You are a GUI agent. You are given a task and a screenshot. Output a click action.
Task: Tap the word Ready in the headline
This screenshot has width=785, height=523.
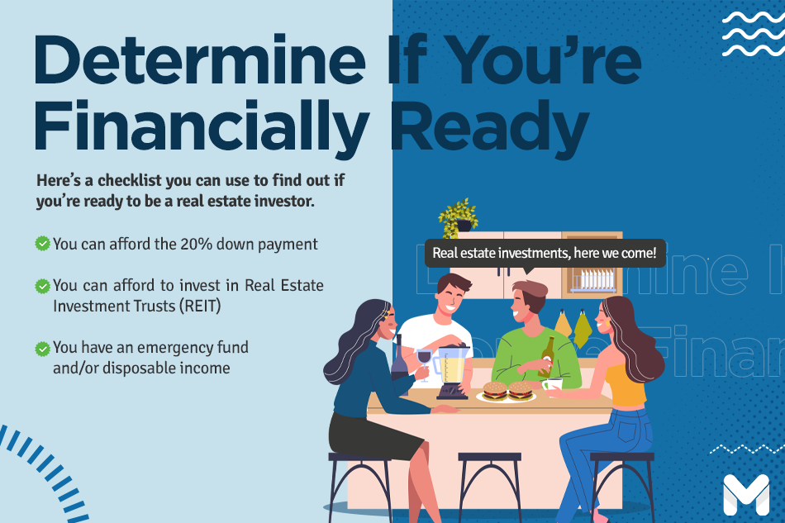[x=489, y=126]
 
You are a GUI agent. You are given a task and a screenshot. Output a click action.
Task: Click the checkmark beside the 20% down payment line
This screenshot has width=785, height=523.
[x=42, y=244]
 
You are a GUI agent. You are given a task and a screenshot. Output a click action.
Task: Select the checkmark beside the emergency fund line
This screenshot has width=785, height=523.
[x=42, y=349]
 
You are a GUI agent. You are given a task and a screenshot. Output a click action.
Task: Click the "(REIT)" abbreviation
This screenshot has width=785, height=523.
[x=200, y=306]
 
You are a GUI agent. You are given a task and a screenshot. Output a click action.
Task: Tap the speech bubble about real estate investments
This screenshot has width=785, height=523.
[x=545, y=254]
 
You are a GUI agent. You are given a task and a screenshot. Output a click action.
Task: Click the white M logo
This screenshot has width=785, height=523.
[x=746, y=495]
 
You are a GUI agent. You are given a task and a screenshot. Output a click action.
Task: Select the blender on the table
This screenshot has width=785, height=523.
[x=451, y=371]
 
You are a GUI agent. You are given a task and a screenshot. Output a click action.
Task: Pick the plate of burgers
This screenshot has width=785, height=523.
[x=507, y=392]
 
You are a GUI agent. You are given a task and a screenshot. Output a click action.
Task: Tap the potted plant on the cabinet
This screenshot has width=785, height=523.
[x=458, y=217]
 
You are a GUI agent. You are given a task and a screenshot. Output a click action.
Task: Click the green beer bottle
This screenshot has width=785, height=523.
[x=547, y=357]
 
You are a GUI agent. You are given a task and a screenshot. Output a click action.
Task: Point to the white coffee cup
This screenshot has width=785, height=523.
[x=552, y=385]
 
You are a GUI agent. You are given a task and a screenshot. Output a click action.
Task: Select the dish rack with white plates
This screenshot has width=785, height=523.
[x=593, y=280]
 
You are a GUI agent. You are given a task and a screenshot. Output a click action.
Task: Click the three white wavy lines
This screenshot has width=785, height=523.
[x=753, y=34]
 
